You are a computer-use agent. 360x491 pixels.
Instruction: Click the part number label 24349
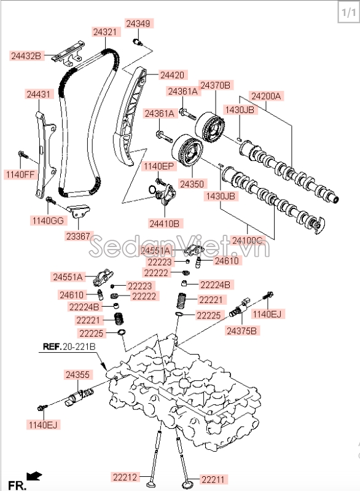pyautogui.click(x=138, y=23)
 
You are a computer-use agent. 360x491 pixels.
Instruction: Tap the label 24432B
pyautogui.click(x=26, y=56)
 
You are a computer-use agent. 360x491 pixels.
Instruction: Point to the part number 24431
pyautogui.click(x=39, y=94)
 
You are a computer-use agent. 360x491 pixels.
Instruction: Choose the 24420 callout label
pyautogui.click(x=171, y=75)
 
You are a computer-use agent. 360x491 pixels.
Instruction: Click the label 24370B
pyautogui.click(x=215, y=85)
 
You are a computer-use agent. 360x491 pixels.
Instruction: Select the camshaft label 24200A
pyautogui.click(x=265, y=96)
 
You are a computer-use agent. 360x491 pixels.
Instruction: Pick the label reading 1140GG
pyautogui.click(x=47, y=219)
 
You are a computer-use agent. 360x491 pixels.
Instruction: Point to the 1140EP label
pyautogui.click(x=158, y=166)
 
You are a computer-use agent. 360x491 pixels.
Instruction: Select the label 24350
pyautogui.click(x=192, y=183)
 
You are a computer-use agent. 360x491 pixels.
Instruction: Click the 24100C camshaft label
pyautogui.click(x=247, y=240)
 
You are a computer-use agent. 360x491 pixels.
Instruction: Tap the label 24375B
pyautogui.click(x=242, y=331)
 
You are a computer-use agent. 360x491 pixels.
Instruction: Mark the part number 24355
pyautogui.click(x=78, y=374)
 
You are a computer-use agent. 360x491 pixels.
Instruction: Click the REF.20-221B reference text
pyautogui.click(x=69, y=347)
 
